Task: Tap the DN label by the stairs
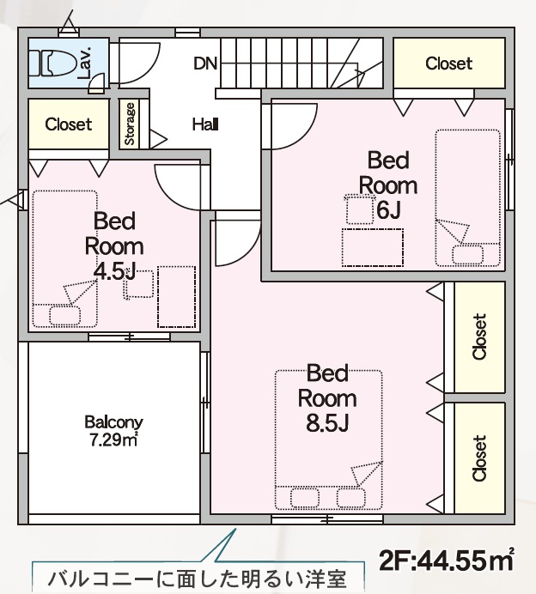205,64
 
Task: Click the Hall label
205,124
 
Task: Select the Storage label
130,124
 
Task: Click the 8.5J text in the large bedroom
327,423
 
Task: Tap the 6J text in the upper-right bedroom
388,209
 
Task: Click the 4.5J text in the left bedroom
114,271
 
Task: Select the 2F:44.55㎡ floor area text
446,561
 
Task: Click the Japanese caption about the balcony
198,579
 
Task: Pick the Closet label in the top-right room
449,64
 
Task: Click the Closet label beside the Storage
68,124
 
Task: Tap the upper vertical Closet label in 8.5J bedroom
479,336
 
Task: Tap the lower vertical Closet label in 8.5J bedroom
479,458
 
